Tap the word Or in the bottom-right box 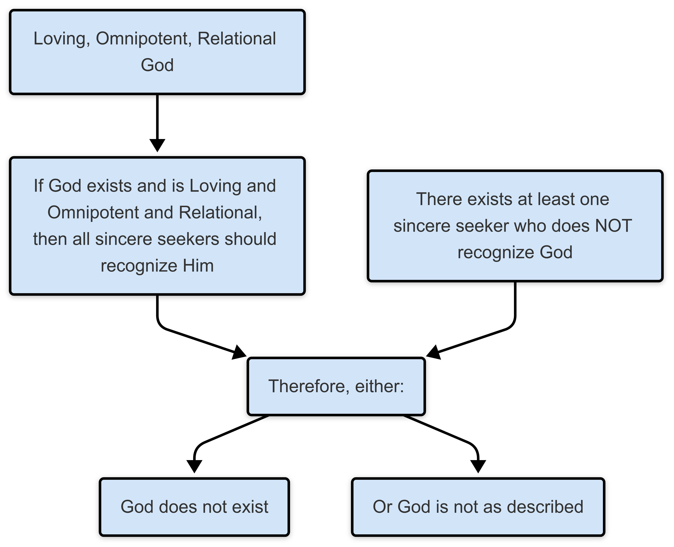point(382,507)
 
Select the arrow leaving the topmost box point(157,120)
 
